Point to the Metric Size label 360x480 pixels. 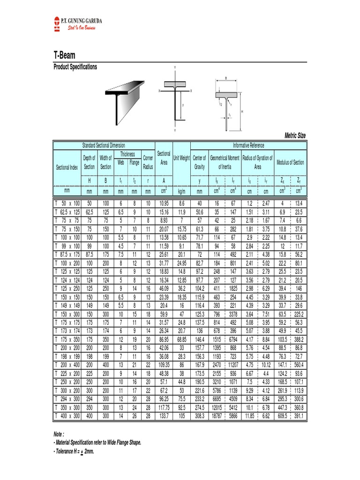295,135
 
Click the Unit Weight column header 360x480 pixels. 181,158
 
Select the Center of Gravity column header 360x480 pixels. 199,162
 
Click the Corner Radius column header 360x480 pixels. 148,162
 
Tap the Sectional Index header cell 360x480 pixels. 67,167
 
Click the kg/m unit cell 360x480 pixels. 181,192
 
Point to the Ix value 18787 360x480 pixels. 217,416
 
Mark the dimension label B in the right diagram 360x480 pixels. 226,79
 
